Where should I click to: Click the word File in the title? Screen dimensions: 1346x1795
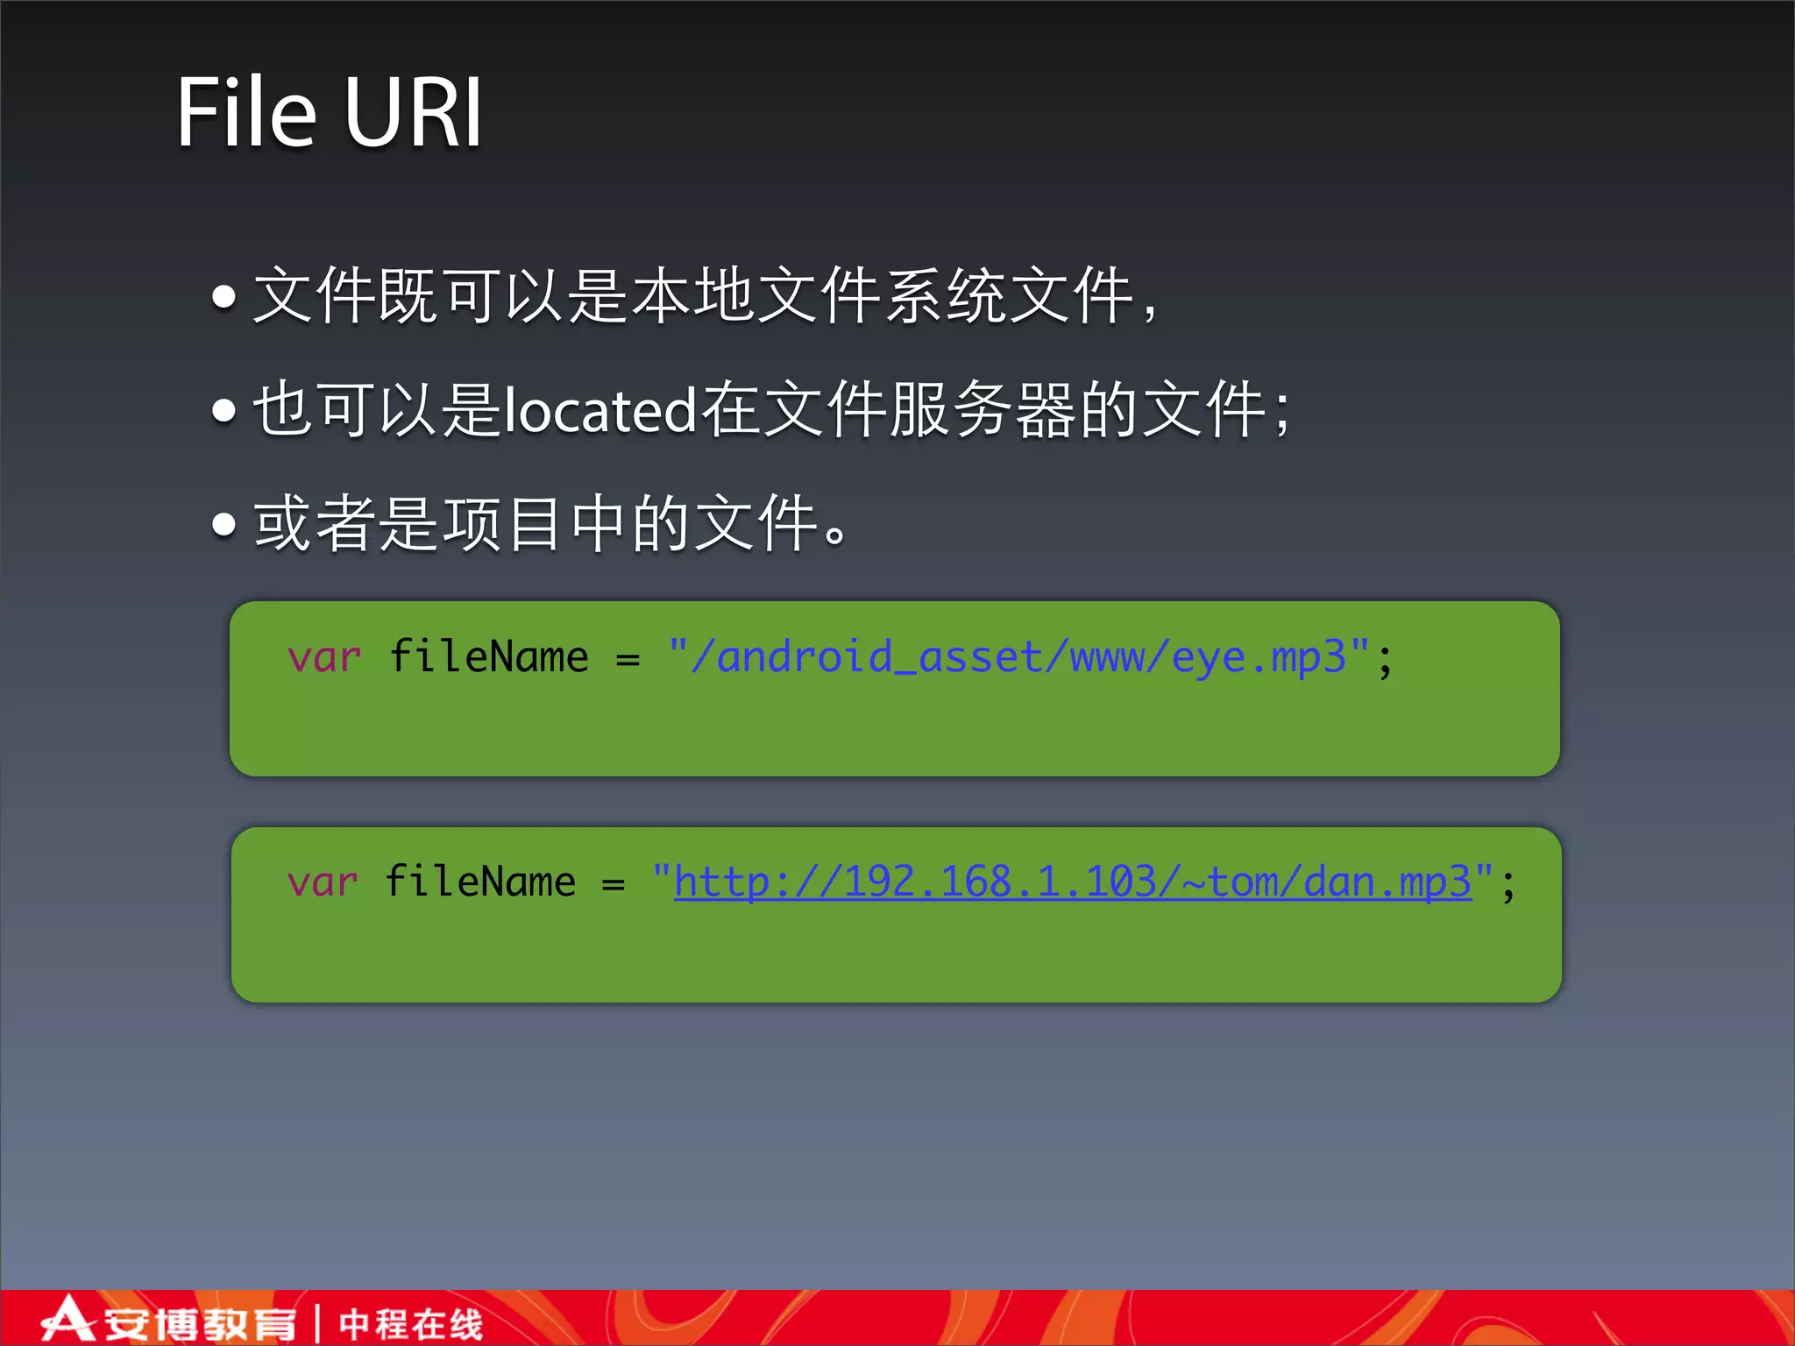(246, 113)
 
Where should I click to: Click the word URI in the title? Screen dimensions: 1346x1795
(413, 113)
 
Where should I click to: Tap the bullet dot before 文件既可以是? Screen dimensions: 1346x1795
(224, 297)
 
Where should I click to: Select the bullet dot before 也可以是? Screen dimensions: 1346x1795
(224, 410)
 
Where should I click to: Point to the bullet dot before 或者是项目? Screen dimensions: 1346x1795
(224, 524)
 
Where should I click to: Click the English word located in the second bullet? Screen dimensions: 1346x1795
(601, 410)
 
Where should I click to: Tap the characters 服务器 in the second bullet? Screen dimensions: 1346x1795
(983, 410)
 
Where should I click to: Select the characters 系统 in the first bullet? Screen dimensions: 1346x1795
(946, 296)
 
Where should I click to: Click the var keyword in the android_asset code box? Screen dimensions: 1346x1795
(324, 658)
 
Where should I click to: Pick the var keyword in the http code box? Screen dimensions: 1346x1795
(323, 882)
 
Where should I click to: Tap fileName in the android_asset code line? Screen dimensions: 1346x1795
(489, 657)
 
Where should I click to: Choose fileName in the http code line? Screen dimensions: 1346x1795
(480, 882)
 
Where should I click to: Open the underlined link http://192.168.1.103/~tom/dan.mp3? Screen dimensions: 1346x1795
(1072, 882)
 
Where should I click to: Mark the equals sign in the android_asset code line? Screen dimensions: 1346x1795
(628, 660)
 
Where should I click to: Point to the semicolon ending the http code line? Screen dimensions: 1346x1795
(1508, 885)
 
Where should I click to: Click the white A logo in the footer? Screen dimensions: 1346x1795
(67, 1320)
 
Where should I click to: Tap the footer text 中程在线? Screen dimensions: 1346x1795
(410, 1324)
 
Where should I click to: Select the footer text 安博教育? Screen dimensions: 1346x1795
(201, 1324)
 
